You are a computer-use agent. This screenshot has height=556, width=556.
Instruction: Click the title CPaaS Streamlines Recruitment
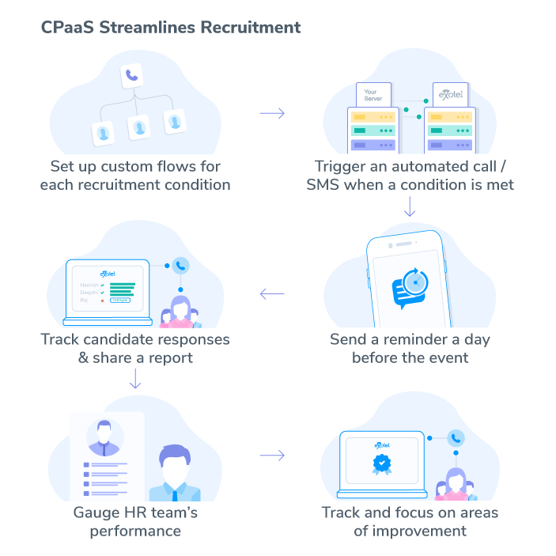(x=170, y=27)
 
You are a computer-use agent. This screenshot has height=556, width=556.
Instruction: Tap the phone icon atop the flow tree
(x=131, y=77)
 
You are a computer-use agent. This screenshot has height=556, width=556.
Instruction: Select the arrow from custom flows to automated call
(x=272, y=114)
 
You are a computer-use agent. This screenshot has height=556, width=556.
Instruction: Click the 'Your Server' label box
(x=373, y=95)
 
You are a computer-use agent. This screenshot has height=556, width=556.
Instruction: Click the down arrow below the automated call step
(x=410, y=207)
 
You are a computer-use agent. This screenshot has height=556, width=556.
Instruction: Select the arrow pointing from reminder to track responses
(x=272, y=295)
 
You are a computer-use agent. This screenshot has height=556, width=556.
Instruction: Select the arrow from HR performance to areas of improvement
(x=272, y=456)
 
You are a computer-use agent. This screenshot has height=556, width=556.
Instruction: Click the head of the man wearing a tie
(x=172, y=460)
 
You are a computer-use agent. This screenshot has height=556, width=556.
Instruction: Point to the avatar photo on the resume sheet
(x=104, y=432)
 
